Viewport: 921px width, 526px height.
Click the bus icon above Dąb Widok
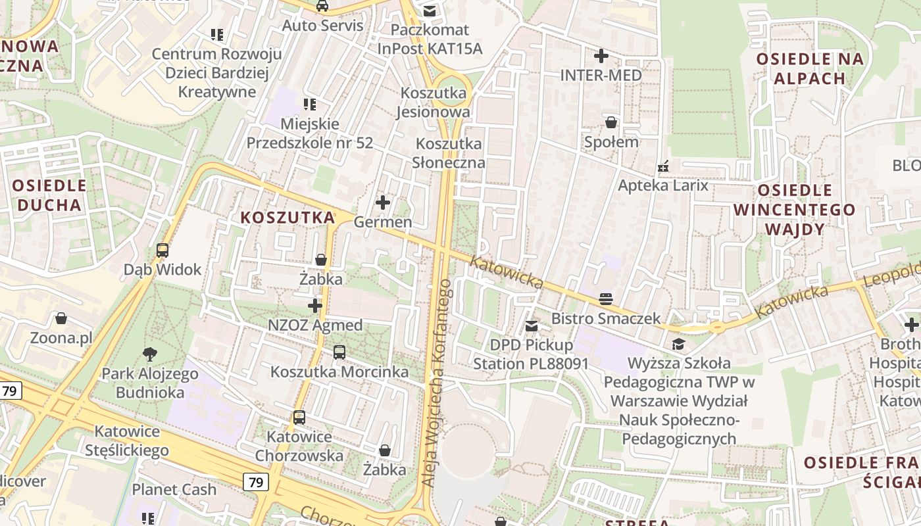[x=162, y=250]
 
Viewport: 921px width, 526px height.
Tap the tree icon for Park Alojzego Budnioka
[x=150, y=354]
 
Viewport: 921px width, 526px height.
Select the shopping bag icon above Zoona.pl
[x=61, y=319]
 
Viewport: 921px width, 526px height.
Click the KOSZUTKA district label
[x=288, y=218]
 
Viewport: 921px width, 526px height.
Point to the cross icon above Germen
[x=382, y=203]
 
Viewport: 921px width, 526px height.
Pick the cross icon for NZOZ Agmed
[x=315, y=306]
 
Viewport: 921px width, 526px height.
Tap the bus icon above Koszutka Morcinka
[x=339, y=352]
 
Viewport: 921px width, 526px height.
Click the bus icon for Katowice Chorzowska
[x=299, y=417]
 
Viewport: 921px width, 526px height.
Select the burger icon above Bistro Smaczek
[x=606, y=300]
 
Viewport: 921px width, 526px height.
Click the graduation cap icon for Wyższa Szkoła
[x=678, y=344]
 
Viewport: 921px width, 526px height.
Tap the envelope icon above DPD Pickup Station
[x=532, y=325]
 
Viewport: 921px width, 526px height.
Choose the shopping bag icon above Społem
[x=611, y=122]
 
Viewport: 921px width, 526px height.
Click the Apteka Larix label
[x=663, y=185]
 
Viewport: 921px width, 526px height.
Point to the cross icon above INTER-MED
[x=601, y=56]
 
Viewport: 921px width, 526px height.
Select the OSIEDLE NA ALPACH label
[x=809, y=68]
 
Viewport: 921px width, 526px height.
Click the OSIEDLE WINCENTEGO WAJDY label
[x=795, y=210]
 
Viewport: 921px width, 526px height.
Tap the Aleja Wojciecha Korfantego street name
[x=437, y=383]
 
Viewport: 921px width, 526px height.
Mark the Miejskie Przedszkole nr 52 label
[x=310, y=133]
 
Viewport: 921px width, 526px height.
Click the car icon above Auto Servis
[x=322, y=6]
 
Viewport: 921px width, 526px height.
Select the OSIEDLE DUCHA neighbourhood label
[x=49, y=195]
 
